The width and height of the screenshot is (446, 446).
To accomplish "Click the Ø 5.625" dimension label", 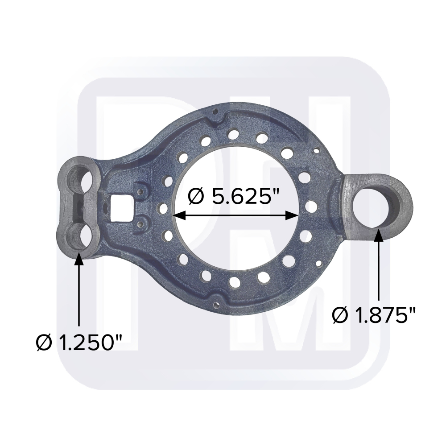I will [x=236, y=196].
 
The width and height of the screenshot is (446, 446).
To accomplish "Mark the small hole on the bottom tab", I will [x=216, y=305].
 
